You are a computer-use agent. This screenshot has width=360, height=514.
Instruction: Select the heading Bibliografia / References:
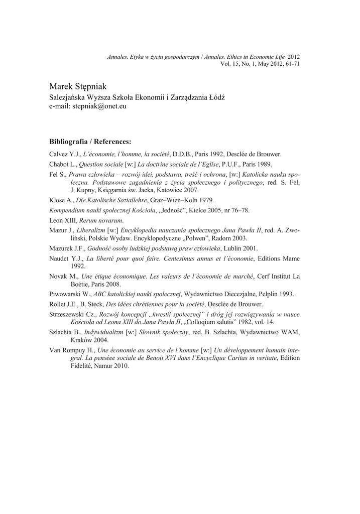[x=90, y=141]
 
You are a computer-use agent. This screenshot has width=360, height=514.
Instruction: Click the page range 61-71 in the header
[x=291, y=64]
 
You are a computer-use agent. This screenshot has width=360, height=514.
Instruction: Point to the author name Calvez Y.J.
[x=64, y=154]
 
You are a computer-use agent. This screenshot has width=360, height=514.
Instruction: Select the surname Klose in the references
[x=57, y=199]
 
